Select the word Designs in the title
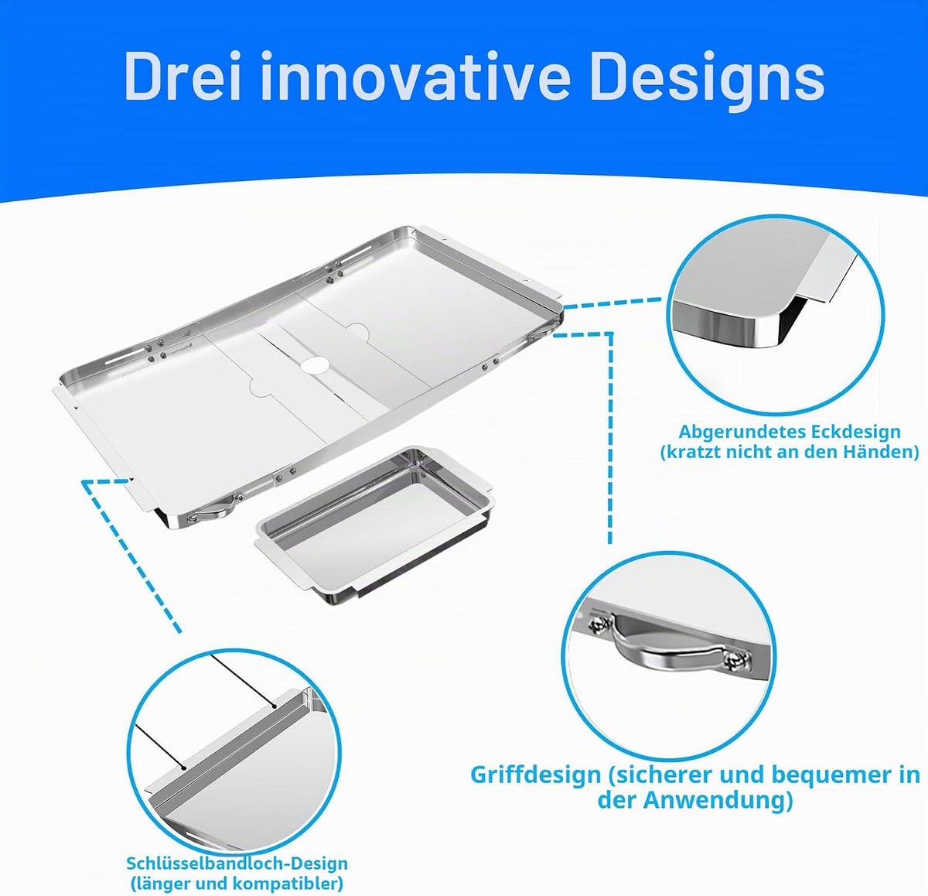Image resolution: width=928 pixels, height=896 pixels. point(708,81)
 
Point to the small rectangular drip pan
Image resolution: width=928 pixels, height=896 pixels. point(375,525)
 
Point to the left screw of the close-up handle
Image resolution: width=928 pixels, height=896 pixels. point(599,625)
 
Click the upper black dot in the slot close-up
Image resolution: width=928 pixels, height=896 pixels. point(275,707)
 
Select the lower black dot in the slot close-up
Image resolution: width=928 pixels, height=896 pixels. point(183,768)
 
